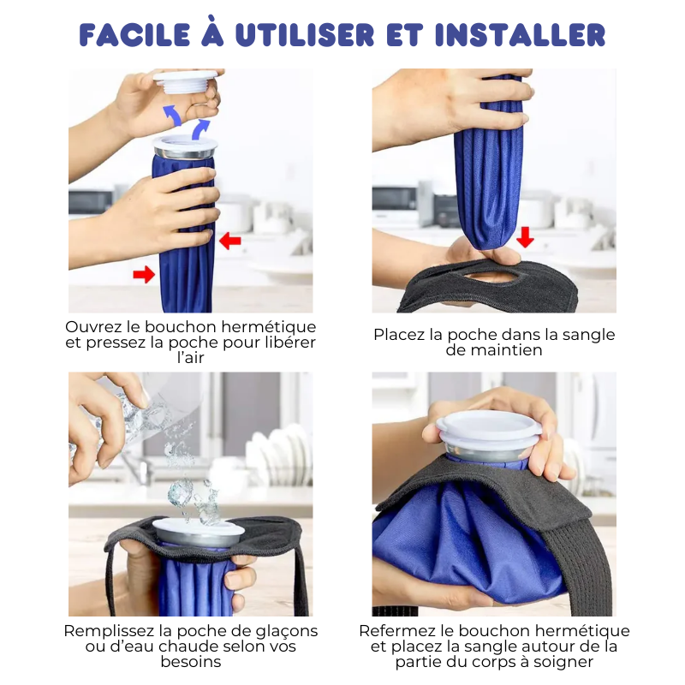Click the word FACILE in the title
134,35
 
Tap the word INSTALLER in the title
521,35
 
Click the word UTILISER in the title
305,35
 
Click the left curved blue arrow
172,115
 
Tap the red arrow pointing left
230,241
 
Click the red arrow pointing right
144,274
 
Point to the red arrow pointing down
525,237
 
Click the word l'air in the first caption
190,358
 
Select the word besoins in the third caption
190,662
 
